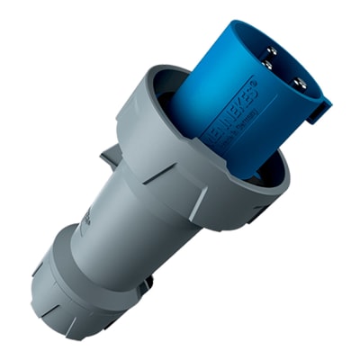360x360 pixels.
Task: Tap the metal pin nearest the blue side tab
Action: coord(301,84)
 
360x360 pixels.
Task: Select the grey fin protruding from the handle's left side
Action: coord(109,158)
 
